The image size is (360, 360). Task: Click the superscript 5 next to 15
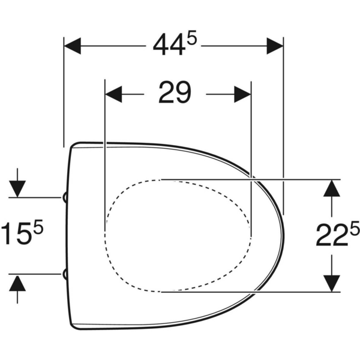38,227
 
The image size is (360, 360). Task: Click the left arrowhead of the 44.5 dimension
72,46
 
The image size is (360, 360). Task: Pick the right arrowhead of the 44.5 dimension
275,46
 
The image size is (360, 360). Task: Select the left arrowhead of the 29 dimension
113,94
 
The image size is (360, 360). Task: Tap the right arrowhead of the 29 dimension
242,94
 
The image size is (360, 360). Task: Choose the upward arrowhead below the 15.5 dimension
18,283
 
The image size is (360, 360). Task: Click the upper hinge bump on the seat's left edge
64,197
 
